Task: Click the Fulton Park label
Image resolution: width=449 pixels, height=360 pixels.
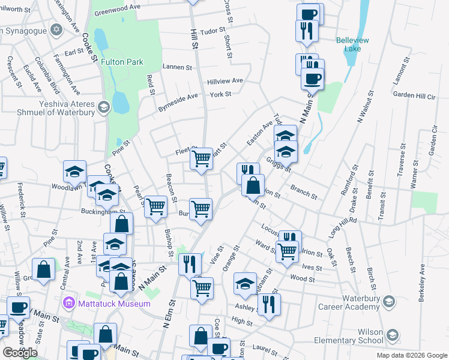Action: pyautogui.click(x=121, y=62)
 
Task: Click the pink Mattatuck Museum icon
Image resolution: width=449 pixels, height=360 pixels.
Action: pyautogui.click(x=68, y=304)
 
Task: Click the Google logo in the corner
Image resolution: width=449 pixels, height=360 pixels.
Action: pyautogui.click(x=20, y=353)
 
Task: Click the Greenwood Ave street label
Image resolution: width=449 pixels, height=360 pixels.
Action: pyautogui.click(x=116, y=10)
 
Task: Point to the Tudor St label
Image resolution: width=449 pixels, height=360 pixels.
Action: pyautogui.click(x=212, y=31)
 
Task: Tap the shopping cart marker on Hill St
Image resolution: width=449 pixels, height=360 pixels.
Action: pyautogui.click(x=202, y=159)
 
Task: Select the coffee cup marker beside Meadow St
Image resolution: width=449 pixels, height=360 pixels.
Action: pyautogui.click(x=18, y=308)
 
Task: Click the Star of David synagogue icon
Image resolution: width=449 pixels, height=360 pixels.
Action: pyautogui.click(x=56, y=29)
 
